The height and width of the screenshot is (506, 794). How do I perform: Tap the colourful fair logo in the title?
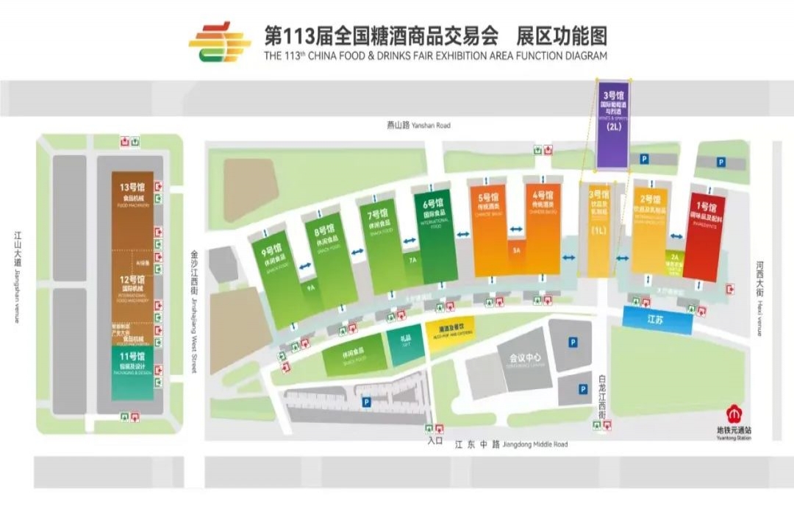(219, 43)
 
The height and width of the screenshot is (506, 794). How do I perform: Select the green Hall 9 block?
(276, 279)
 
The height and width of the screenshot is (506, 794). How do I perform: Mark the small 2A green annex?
(674, 259)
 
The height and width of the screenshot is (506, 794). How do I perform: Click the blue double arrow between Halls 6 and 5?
(464, 235)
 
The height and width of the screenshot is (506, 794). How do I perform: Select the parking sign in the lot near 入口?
(365, 402)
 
